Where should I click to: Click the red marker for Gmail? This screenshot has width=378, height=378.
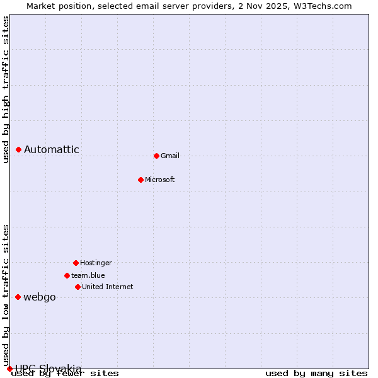coord(156,156)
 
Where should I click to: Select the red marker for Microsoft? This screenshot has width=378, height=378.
coord(140,180)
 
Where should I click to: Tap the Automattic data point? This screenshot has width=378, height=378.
coord(19,149)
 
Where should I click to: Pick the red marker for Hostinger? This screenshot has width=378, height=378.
coord(76,263)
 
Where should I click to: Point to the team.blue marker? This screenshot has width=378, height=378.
coord(67,275)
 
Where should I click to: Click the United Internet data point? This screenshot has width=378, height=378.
coord(77,287)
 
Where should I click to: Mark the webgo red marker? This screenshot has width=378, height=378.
coord(18,297)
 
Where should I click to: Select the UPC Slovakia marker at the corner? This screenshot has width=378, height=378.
coord(9,369)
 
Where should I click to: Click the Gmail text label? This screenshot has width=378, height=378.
coord(170,156)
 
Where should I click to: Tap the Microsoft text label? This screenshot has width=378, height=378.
coord(160,180)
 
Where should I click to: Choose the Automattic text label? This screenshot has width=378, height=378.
coord(52,149)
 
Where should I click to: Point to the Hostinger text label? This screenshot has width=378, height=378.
coord(96,263)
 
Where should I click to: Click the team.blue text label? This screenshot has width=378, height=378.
coord(88,275)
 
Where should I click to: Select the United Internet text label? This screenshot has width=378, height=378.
coord(108,287)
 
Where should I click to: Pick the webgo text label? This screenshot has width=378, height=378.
coord(40,297)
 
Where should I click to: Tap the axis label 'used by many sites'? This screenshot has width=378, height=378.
coord(316,373)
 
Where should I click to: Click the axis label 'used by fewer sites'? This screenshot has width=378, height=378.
coord(66,373)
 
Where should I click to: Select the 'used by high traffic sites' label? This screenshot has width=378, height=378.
coord(6,89)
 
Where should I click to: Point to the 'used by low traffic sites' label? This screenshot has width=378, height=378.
coord(6,295)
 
